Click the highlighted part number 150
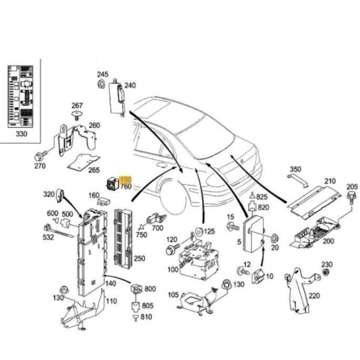pyautogui.click(x=125, y=179)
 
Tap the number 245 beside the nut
pyautogui.click(x=103, y=74)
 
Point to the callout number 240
pyautogui.click(x=130, y=86)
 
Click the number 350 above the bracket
pyautogui.click(x=296, y=169)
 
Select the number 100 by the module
pyautogui.click(x=173, y=269)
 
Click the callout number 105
pyautogui.click(x=173, y=295)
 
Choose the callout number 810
pyautogui.click(x=147, y=316)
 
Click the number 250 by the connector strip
pyautogui.click(x=139, y=259)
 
